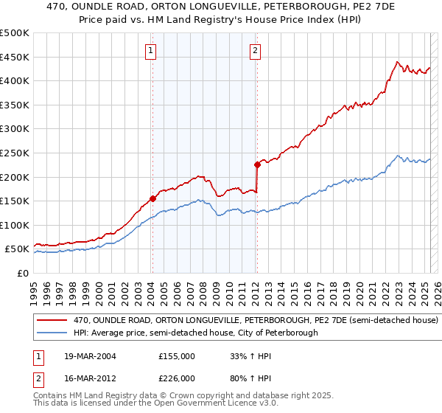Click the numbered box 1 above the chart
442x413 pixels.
tap(150, 51)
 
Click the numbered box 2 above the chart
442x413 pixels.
tap(255, 51)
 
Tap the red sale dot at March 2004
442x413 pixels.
tap(152, 198)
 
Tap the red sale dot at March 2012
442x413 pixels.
tap(257, 164)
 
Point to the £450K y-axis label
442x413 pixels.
tap(15, 57)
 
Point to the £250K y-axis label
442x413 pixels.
tap(15, 153)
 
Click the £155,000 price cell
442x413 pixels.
tap(177, 355)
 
